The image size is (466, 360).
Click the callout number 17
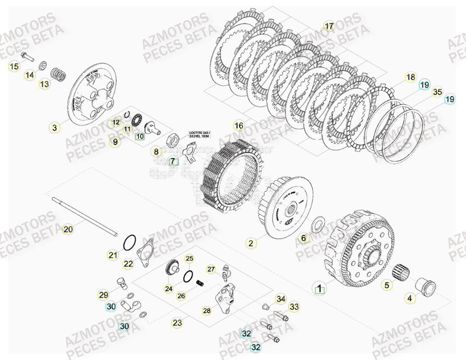pyautogui.click(x=329, y=26)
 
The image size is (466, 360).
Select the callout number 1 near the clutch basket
pyautogui.click(x=319, y=289)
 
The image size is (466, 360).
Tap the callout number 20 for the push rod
pyautogui.click(x=67, y=229)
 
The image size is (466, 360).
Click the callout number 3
pyautogui.click(x=54, y=128)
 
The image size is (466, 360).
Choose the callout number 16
pyautogui.click(x=239, y=126)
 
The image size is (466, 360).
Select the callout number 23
pyautogui.click(x=177, y=322)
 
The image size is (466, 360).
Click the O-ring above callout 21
pyautogui.click(x=129, y=242)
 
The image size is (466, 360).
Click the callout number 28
pyautogui.click(x=206, y=310)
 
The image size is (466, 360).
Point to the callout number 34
pyautogui.click(x=280, y=299)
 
